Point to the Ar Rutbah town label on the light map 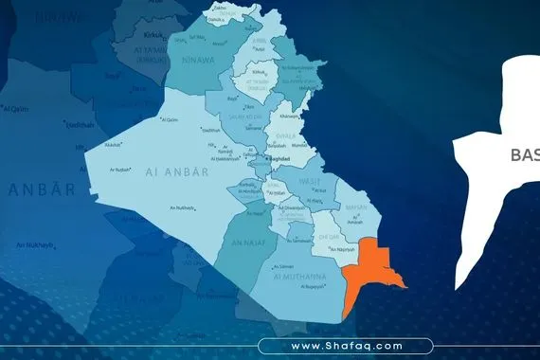119,170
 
